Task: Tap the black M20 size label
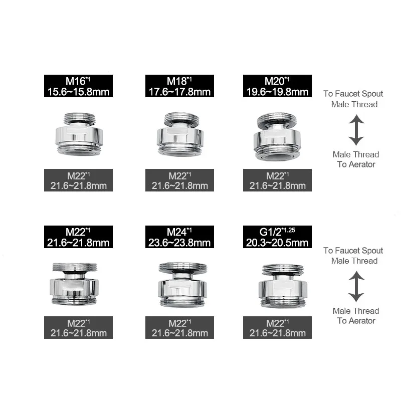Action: [x=277, y=86]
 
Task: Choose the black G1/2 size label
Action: [x=277, y=237]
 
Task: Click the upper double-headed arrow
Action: [x=356, y=129]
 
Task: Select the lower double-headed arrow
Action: [x=356, y=286]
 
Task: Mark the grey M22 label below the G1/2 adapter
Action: [x=277, y=328]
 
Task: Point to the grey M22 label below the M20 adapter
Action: [x=277, y=180]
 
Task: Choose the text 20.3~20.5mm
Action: [x=277, y=242]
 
